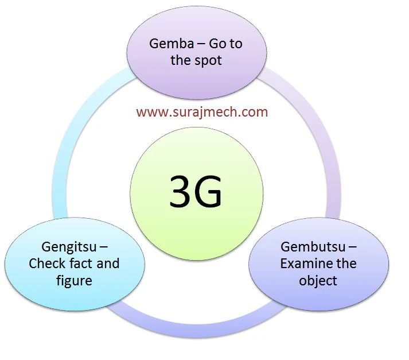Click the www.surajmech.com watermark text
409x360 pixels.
pos(202,111)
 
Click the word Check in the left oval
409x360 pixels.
pos(47,264)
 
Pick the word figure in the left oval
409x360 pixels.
pos(75,281)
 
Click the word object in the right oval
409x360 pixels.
pos(318,281)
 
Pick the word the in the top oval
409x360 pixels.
pos(180,60)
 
